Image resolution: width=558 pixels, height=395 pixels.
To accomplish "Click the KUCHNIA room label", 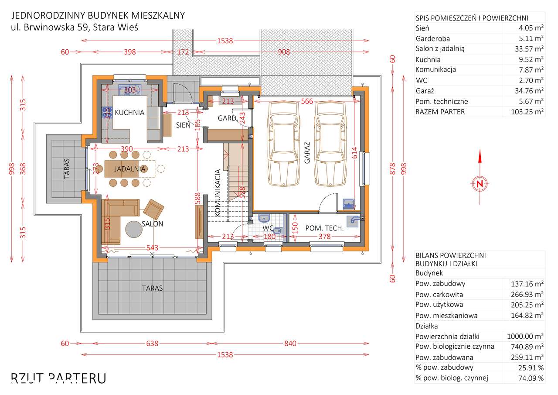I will click(x=129, y=112).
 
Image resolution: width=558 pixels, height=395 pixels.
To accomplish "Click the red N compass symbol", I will click(x=480, y=184).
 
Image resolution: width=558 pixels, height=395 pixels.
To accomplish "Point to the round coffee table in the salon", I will click(x=135, y=230).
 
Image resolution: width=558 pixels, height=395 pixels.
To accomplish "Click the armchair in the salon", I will click(x=153, y=210).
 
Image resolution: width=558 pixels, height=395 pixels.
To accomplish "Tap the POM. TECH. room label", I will click(x=325, y=228).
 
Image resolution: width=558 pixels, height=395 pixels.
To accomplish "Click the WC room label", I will click(x=269, y=228).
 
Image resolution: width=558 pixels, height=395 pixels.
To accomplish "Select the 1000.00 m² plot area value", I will click(x=525, y=336).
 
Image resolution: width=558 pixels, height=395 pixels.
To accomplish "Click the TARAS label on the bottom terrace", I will click(x=152, y=288).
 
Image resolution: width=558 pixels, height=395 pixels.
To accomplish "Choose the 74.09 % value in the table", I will click(x=530, y=378).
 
